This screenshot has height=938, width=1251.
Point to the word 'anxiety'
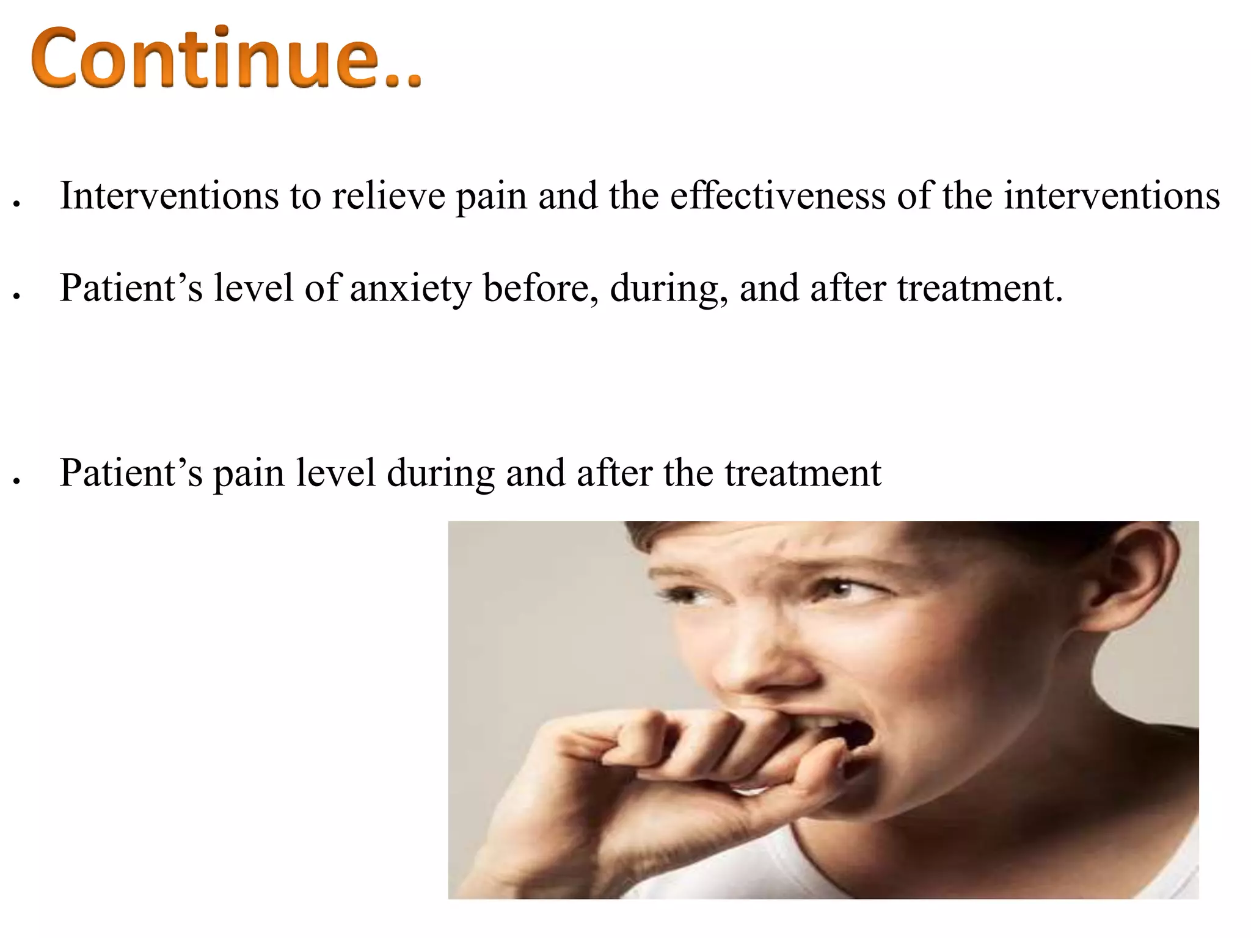(x=410, y=288)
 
